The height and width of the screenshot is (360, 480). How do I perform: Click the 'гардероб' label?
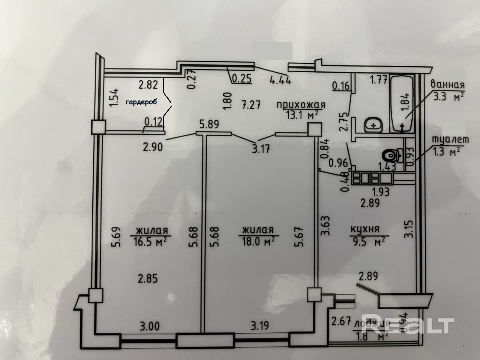tap(141, 102)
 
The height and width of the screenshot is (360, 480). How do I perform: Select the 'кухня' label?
tap(365, 229)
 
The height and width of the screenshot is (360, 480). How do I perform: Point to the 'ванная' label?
tap(448, 84)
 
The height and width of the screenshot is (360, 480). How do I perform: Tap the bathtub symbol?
tap(401, 102)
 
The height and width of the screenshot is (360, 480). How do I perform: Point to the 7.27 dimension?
tap(250, 105)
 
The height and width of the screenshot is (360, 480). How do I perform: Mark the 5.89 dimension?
tap(209, 124)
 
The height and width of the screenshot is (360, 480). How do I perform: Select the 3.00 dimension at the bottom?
tap(149, 326)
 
